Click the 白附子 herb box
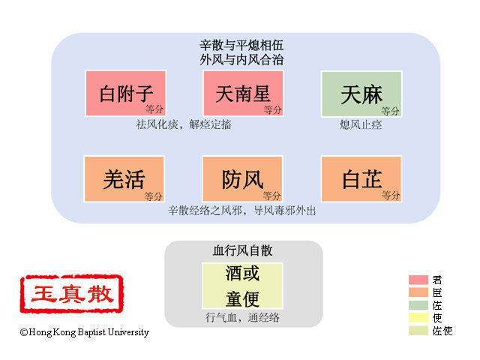click(126, 93)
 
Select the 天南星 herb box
click(243, 93)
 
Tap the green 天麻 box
click(361, 94)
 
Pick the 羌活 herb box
click(124, 179)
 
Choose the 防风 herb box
click(242, 179)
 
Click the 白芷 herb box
click(361, 179)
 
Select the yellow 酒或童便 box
click(242, 286)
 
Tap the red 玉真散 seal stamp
click(72, 294)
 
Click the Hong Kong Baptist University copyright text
click(85, 332)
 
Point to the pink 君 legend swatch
click(418, 280)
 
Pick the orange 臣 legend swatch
click(418, 292)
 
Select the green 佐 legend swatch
click(418, 305)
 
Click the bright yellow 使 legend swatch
click(418, 318)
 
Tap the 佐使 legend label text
click(442, 331)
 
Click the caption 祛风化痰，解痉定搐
click(184, 124)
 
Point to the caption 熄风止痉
click(361, 125)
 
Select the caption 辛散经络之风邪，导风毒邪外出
click(241, 211)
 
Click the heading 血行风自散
click(242, 250)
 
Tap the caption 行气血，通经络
click(242, 317)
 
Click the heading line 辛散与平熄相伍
click(241, 45)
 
